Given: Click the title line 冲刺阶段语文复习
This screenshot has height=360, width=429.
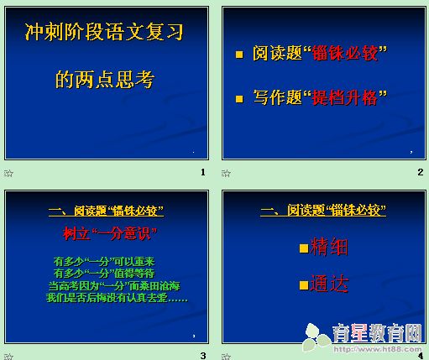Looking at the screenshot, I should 103,34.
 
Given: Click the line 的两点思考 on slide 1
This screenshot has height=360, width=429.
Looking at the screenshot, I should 104,80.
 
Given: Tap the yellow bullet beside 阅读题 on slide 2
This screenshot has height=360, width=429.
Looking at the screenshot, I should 240,55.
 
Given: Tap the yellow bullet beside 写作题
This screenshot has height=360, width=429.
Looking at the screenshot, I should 240,99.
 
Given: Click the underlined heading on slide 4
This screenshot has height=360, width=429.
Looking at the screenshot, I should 323,211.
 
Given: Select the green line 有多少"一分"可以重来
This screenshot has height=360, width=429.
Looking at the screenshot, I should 104,262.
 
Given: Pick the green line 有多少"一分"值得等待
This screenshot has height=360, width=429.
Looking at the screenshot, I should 104,273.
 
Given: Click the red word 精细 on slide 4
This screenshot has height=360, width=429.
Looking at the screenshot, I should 330,248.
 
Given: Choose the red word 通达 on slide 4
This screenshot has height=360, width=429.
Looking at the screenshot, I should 330,284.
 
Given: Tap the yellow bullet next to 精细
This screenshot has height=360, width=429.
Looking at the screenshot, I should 305,248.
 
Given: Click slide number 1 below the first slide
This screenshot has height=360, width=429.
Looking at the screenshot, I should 202,172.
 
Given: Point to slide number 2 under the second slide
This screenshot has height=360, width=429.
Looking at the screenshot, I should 420,172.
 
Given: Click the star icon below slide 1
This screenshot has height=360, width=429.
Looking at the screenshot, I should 8,173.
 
